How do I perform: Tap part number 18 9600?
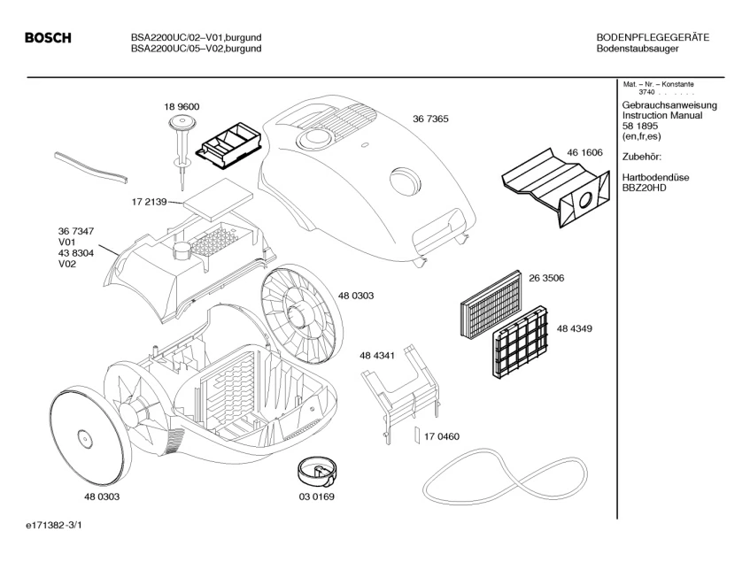[181, 107]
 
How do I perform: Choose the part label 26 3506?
[546, 278]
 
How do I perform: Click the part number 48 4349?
[575, 328]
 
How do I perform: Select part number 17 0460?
[442, 436]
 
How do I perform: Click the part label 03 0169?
[316, 497]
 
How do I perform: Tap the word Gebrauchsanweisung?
[669, 105]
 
